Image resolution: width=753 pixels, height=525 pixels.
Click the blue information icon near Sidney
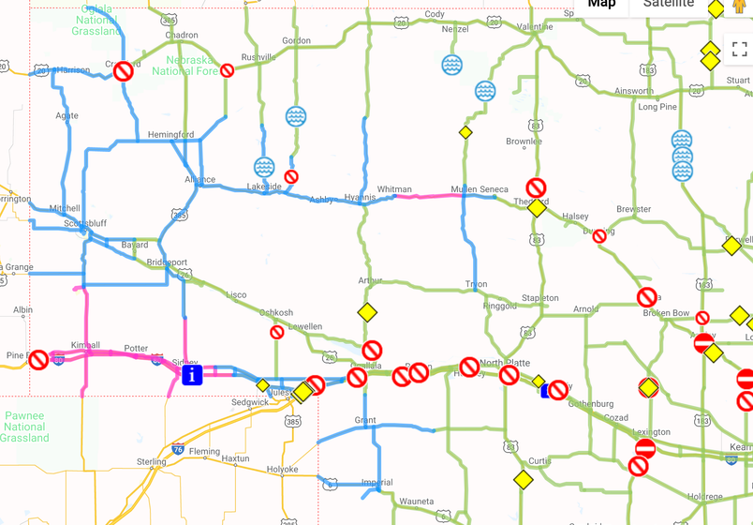point(192,375)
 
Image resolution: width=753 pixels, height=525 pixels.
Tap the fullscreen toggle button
point(739,50)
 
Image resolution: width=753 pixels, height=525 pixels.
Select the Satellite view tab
point(669,4)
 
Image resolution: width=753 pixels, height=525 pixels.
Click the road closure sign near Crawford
point(124,71)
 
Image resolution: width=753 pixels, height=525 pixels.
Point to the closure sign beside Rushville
point(228,70)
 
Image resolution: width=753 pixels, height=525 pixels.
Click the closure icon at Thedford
point(536,187)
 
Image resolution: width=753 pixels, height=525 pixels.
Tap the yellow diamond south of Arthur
point(367,312)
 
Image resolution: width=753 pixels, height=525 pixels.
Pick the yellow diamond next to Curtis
point(524,480)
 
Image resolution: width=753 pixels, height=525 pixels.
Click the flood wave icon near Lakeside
point(264,167)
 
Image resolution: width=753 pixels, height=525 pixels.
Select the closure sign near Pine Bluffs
point(38,360)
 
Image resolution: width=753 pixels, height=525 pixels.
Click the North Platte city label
point(505,363)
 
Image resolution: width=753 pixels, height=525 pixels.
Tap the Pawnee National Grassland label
point(24,427)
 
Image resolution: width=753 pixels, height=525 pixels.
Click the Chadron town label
point(182,36)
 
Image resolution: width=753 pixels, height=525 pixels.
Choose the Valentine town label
point(535,27)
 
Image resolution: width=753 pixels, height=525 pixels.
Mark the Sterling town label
point(152,462)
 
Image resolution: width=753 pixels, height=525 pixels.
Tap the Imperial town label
point(377,483)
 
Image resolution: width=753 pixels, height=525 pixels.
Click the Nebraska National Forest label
point(185,65)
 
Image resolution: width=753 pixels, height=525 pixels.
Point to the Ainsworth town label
point(634,91)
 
